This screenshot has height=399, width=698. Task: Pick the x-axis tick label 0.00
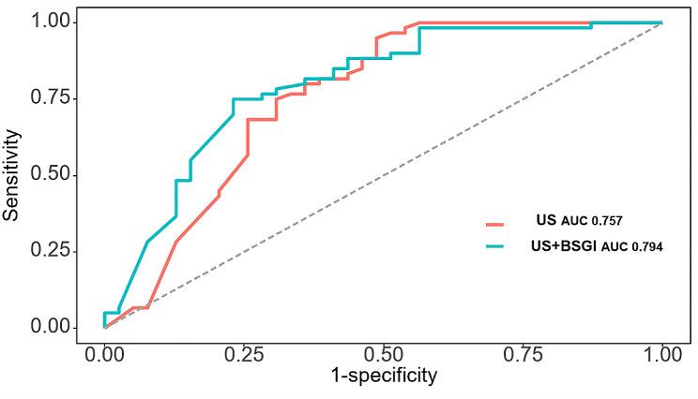[104, 355]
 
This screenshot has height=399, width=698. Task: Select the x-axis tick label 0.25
[244, 355]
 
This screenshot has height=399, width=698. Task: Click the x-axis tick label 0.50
[383, 355]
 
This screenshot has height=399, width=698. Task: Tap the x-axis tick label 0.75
[523, 355]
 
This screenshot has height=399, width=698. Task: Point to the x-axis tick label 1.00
[661, 355]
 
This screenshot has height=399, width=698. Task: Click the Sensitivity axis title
[12, 174]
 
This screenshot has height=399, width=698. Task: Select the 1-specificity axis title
[383, 377]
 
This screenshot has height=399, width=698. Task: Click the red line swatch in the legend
[495, 223]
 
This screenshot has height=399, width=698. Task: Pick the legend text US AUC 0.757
[579, 222]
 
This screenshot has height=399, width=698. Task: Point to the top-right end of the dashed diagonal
[661, 22]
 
